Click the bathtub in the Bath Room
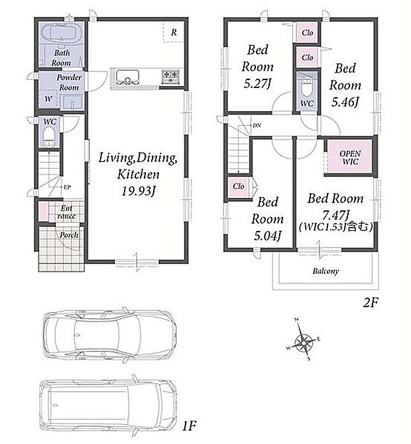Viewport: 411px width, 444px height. point(63,34)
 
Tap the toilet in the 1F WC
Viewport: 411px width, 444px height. point(50,136)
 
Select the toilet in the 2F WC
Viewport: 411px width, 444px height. point(307,87)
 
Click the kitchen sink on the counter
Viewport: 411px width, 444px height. point(128,77)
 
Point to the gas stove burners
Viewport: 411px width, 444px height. point(171,76)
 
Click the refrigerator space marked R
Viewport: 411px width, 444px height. point(174,32)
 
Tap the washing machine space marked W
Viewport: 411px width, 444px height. point(49,99)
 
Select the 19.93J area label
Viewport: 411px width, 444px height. point(139,191)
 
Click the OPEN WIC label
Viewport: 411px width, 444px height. point(350,157)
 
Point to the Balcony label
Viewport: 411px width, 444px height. point(325,271)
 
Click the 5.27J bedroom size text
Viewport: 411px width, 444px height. point(258,84)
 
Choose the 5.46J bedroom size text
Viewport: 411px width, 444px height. point(345,102)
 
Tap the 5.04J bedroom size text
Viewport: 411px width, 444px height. point(267,236)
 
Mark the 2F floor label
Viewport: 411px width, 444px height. point(371,302)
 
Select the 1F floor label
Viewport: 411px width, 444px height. point(189,425)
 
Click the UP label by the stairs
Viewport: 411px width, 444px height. point(67,187)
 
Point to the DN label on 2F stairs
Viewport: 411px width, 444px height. point(257,125)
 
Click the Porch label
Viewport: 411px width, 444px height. point(69,235)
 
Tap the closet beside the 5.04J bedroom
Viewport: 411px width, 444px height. point(239,187)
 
